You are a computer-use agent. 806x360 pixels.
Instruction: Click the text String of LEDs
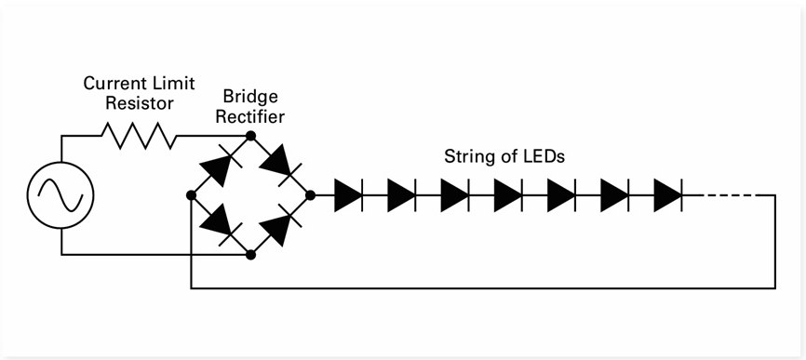504,157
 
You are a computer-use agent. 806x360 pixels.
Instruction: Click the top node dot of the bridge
249,137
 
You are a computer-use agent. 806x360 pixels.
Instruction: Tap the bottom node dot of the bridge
249,254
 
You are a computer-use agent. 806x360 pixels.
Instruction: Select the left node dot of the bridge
191,195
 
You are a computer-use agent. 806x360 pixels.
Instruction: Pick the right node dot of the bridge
309,195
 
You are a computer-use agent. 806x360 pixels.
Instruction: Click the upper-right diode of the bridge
279,165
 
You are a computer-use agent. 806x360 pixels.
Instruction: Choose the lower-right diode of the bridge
279,226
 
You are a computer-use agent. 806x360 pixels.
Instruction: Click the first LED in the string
348,195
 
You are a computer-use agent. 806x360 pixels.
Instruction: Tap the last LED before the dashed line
668,195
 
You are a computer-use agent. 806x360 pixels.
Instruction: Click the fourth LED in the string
508,195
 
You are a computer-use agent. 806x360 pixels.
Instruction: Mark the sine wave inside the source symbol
61,196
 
